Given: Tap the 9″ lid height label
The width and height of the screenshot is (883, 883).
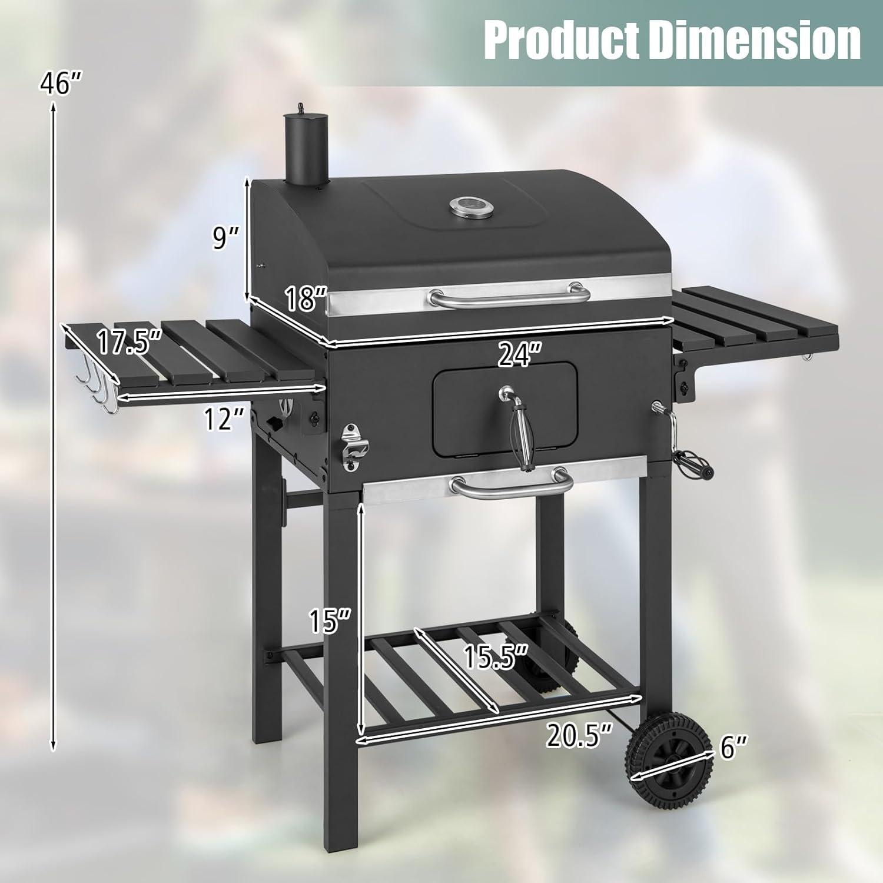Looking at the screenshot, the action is (225, 238).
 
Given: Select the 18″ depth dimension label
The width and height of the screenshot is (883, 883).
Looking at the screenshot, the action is (306, 298).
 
